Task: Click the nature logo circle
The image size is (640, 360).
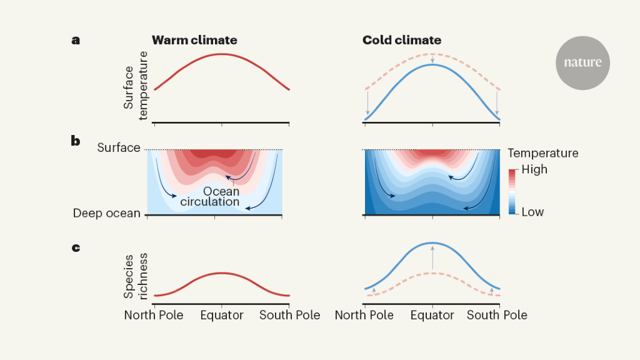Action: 582,62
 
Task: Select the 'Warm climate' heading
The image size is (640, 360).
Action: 194,41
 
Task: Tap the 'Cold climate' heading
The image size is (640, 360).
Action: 402,41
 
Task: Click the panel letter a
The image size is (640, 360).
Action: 76,41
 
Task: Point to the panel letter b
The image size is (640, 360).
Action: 76,141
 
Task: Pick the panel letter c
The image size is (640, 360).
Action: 76,248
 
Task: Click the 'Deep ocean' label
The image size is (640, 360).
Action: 106,214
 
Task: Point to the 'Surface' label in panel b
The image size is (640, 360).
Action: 119,148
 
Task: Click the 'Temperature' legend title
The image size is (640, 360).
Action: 543,153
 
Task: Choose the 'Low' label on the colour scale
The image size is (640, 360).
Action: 532,212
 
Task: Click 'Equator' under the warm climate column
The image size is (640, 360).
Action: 222,315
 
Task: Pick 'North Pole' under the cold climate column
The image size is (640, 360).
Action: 364,315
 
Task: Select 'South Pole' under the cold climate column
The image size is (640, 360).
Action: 497,315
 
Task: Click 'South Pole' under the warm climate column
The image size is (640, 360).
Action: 290,315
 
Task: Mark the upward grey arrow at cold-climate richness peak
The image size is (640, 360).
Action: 432,257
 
